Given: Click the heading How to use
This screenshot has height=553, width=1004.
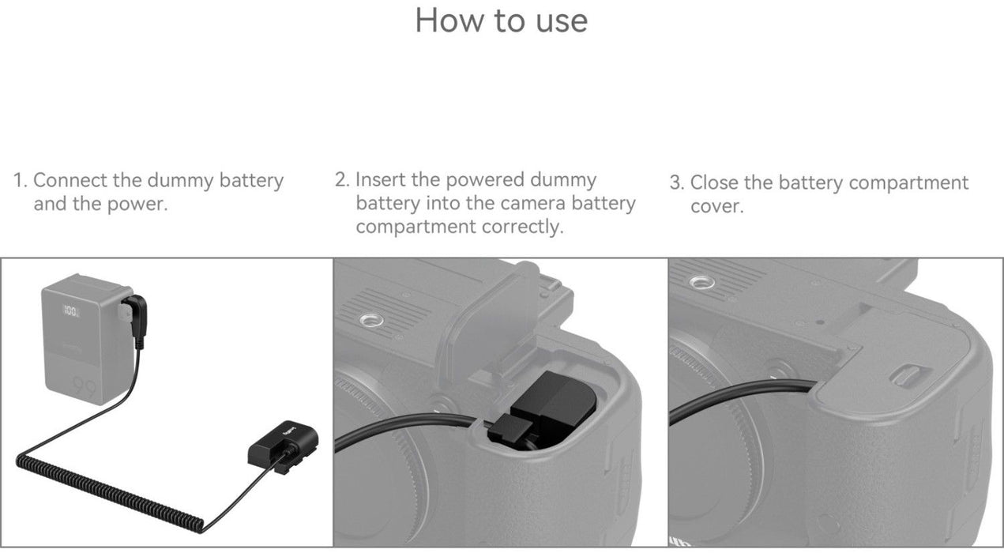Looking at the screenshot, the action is [x=501, y=21].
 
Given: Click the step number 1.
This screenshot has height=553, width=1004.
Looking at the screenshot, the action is [x=20, y=181].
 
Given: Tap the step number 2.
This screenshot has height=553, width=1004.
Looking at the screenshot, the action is [x=342, y=179].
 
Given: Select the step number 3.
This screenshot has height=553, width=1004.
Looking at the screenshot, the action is [x=677, y=182].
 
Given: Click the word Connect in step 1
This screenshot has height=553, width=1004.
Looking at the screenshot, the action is [x=70, y=181].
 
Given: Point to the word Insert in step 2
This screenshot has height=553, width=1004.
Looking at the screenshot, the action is [x=380, y=179].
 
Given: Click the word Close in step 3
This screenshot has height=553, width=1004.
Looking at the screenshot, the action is [x=714, y=182].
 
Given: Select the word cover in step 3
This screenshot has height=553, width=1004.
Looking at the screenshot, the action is [x=716, y=207].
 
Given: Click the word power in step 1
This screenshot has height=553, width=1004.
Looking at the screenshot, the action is [x=137, y=205].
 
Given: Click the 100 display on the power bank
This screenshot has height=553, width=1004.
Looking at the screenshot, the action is [x=70, y=310].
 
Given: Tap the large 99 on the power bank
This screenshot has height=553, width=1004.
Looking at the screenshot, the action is [x=85, y=387].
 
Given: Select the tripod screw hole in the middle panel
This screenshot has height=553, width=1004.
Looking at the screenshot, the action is [x=370, y=321].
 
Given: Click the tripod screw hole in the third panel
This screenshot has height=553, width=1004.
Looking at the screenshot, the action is [x=702, y=283].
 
